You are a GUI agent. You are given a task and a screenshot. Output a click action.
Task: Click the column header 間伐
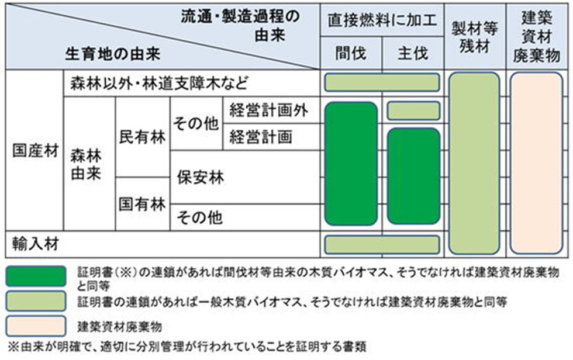point(351,54)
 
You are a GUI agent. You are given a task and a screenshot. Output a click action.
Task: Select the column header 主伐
point(412,54)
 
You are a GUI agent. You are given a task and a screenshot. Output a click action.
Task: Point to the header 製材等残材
point(474,36)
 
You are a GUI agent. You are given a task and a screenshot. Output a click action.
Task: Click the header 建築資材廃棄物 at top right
point(537,36)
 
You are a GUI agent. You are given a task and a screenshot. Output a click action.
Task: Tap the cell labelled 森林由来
point(86,164)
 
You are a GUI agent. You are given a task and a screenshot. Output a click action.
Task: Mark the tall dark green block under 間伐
point(351,163)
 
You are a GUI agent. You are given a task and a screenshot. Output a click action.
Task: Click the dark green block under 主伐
point(413,176)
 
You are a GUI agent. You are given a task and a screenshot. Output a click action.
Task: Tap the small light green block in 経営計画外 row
point(413,110)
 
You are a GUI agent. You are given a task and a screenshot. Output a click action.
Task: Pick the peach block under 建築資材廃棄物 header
point(536,163)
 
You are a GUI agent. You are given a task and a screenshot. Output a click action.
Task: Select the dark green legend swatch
point(35,276)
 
